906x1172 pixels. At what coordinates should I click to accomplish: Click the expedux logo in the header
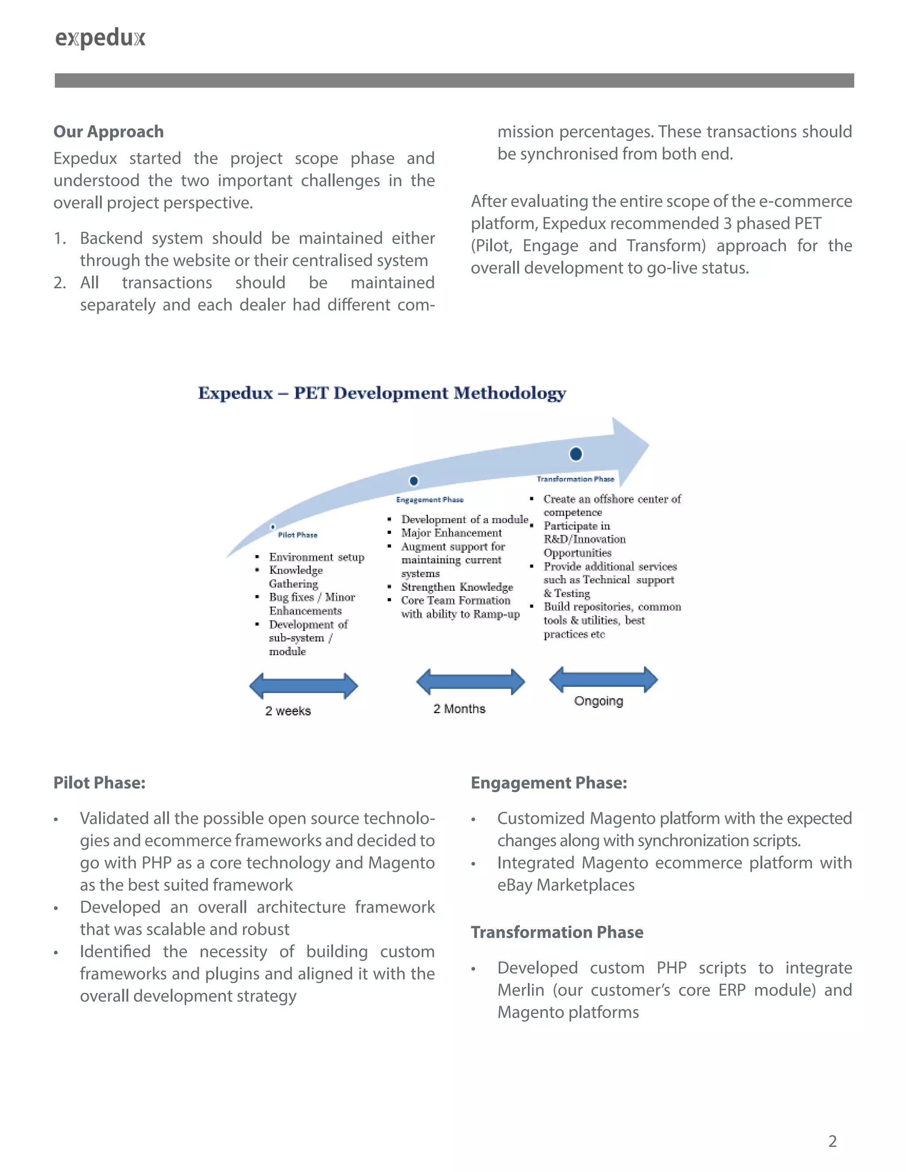tap(100, 38)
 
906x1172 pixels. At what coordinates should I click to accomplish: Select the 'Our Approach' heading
tap(108, 131)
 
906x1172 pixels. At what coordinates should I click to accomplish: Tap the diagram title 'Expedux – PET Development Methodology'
tap(382, 393)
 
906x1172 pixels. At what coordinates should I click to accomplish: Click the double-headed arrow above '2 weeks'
tap(304, 686)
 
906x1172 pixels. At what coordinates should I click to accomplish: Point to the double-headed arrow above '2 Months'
tap(471, 682)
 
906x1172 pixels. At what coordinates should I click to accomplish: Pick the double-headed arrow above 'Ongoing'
tap(603, 680)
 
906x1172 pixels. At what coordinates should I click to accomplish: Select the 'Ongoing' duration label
tap(599, 701)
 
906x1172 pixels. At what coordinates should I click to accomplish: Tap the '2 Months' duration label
tap(460, 709)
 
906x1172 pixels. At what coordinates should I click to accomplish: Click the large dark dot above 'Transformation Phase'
tap(576, 454)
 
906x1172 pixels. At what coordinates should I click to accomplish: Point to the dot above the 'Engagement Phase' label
tap(414, 481)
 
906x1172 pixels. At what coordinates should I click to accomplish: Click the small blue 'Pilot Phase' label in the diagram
tap(297, 535)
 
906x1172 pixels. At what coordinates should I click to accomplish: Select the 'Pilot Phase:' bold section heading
tap(99, 783)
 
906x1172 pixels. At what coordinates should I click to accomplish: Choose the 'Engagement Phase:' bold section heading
tap(549, 783)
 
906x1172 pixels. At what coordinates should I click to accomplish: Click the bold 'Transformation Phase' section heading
tap(557, 932)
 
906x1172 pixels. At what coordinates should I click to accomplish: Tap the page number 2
tap(833, 1141)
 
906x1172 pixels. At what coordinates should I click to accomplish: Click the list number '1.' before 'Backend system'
tap(60, 238)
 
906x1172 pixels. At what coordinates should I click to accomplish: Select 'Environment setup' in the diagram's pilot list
tap(317, 557)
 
